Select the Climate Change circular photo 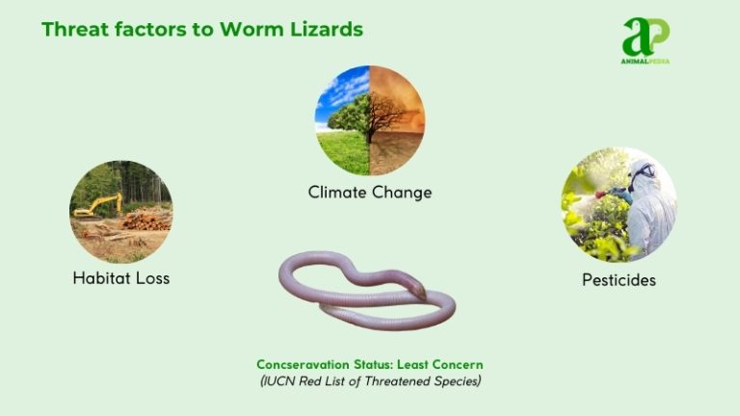(370, 120)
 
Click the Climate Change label (370, 193)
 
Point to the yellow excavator (97, 205)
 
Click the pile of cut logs (146, 219)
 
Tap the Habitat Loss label (121, 278)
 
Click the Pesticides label (619, 280)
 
